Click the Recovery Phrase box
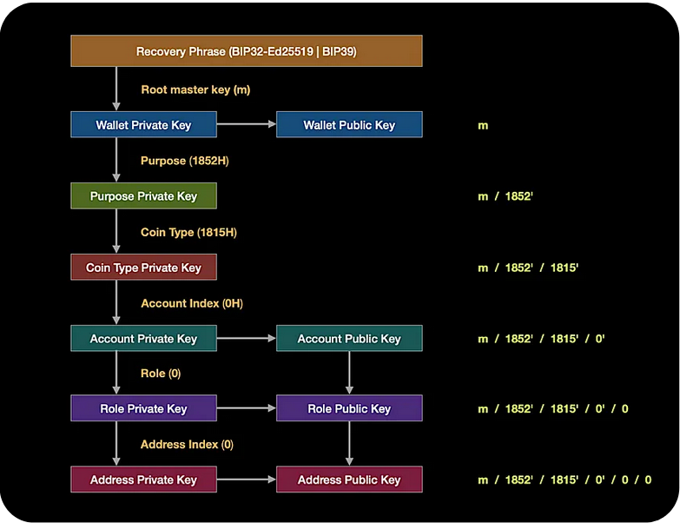[246, 51]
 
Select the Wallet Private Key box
[143, 125]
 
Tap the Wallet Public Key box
[349, 125]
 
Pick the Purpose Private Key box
[143, 196]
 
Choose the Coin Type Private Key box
[143, 268]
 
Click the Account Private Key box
[143, 339]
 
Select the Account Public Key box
[349, 339]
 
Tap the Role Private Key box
[143, 408]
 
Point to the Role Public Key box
[349, 408]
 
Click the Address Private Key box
[143, 480]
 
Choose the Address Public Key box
[349, 480]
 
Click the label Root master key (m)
[195, 89]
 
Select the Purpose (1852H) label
[184, 161]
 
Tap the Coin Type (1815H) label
[188, 232]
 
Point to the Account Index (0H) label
[192, 303]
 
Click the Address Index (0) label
[187, 444]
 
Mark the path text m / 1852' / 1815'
[528, 268]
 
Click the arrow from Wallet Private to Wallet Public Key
[246, 125]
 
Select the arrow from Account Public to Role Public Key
[349, 373]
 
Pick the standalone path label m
[483, 125]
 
